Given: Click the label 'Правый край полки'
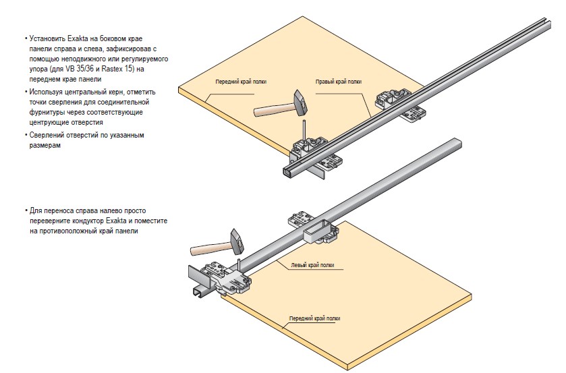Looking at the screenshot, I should tap(339, 82).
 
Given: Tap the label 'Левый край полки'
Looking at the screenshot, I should tap(312, 265).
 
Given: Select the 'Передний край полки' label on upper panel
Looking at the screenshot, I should tap(241, 82).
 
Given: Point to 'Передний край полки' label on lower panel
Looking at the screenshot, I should tap(315, 318).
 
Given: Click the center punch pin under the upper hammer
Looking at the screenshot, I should tap(304, 128).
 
